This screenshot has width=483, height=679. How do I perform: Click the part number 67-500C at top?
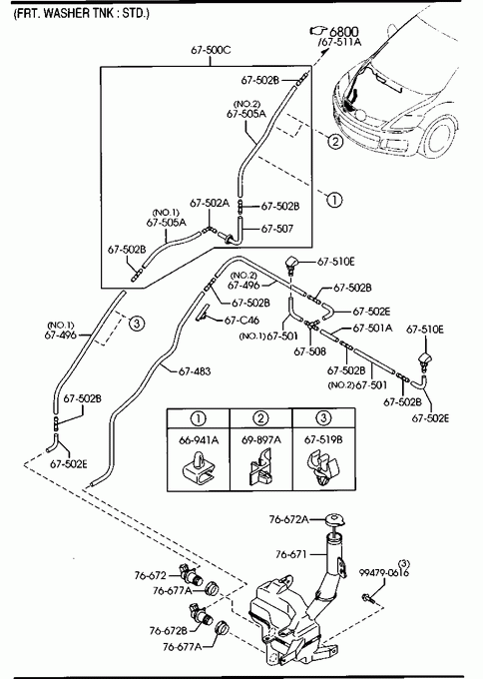tap(211, 50)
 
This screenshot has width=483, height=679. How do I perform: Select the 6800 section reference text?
tap(344, 32)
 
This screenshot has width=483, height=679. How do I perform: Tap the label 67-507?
tap(277, 229)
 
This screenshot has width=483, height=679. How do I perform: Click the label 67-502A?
tap(210, 203)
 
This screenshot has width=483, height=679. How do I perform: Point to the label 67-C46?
tap(241, 321)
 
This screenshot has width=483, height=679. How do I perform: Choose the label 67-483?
tap(195, 371)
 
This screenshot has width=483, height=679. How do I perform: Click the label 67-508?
tap(310, 351)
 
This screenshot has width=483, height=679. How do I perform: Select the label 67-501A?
tap(372, 329)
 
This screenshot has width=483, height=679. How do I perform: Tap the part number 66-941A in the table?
tap(199, 440)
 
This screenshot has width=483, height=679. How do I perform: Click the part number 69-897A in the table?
tap(261, 440)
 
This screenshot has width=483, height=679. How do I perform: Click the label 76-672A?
tap(289, 519)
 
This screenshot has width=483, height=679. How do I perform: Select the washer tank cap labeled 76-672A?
tap(334, 519)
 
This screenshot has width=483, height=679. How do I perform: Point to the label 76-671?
tap(291, 554)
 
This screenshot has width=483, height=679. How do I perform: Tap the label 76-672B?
tap(169, 630)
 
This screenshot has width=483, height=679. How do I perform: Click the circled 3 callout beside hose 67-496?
tap(137, 324)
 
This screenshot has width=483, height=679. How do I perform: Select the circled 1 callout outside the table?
tap(334, 200)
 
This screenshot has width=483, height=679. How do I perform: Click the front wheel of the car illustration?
tap(439, 138)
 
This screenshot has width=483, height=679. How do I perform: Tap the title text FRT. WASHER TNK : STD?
tap(82, 13)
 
